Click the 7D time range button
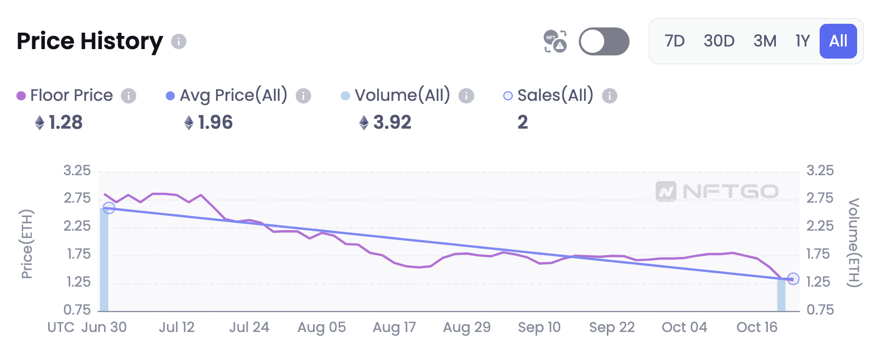click(x=674, y=41)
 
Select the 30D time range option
click(x=719, y=41)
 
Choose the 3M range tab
click(x=765, y=41)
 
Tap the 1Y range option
click(x=802, y=41)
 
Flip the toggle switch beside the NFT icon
click(x=604, y=41)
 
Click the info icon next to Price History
click(x=179, y=41)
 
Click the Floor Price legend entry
click(x=71, y=96)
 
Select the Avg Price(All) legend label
click(x=233, y=96)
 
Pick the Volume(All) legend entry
click(x=402, y=96)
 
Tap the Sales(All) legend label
click(x=555, y=96)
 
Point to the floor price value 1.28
click(x=65, y=122)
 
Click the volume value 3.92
click(x=392, y=122)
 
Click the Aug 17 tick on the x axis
click(x=394, y=327)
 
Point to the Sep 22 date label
click(x=612, y=327)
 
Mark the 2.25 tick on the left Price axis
click(x=77, y=226)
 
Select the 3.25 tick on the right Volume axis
click(x=820, y=170)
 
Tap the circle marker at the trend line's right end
click(x=793, y=279)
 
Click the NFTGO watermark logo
click(x=717, y=191)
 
